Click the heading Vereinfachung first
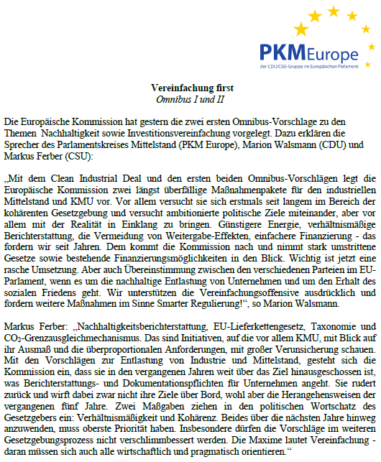(x=192, y=87)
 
